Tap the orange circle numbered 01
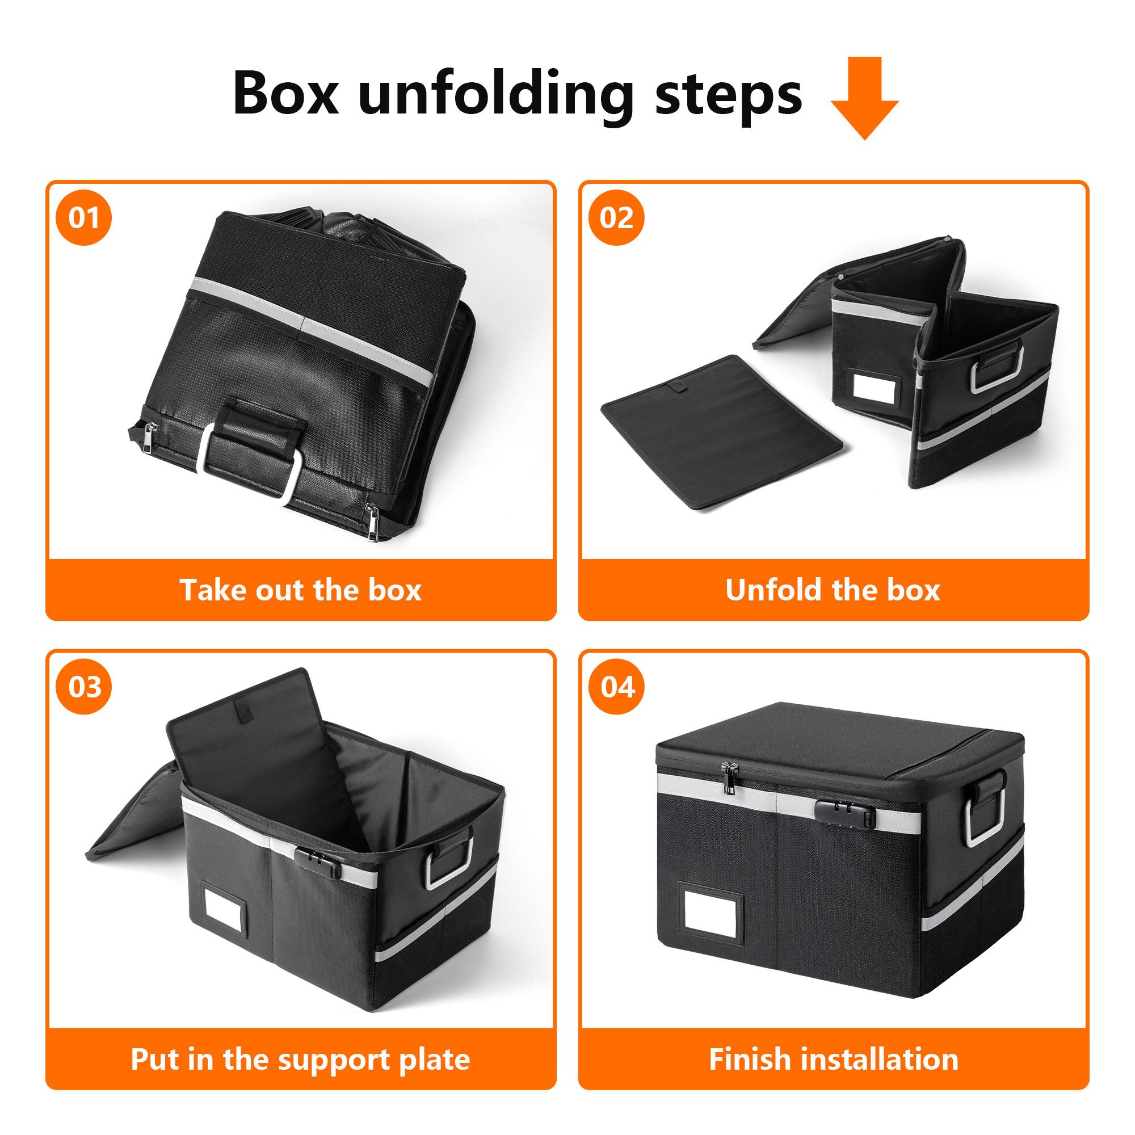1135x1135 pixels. [84, 218]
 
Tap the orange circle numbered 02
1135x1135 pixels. [617, 218]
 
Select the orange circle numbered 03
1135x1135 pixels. [84, 687]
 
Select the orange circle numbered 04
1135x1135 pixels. [617, 687]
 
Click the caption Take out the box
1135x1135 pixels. [301, 590]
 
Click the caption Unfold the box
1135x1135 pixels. [833, 590]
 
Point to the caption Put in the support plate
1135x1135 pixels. [301, 1059]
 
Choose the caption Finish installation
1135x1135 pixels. [833, 1059]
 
